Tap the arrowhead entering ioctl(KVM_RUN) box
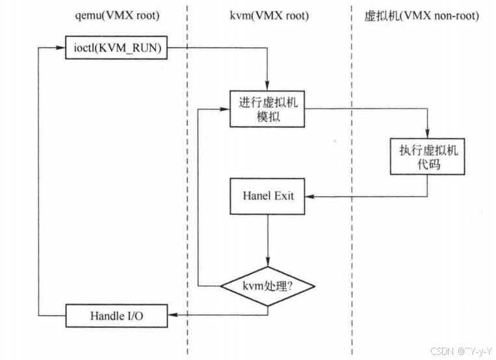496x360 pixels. click(x=62, y=48)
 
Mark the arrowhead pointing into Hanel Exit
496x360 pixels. click(x=309, y=195)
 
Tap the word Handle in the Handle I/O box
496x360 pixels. click(x=107, y=317)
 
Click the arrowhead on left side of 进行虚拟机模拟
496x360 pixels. click(x=227, y=109)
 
